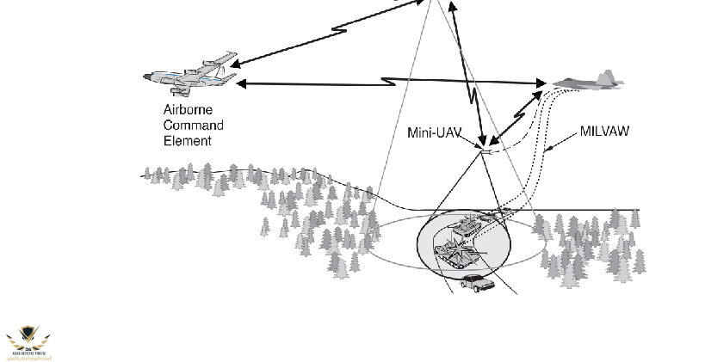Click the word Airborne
(x=187, y=109)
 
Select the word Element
(x=187, y=140)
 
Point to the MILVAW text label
(x=603, y=132)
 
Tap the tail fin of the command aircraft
(x=226, y=59)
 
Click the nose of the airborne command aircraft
(x=145, y=77)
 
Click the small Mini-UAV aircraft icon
(x=487, y=151)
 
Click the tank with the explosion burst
(x=460, y=254)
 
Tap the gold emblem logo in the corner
(x=27, y=341)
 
